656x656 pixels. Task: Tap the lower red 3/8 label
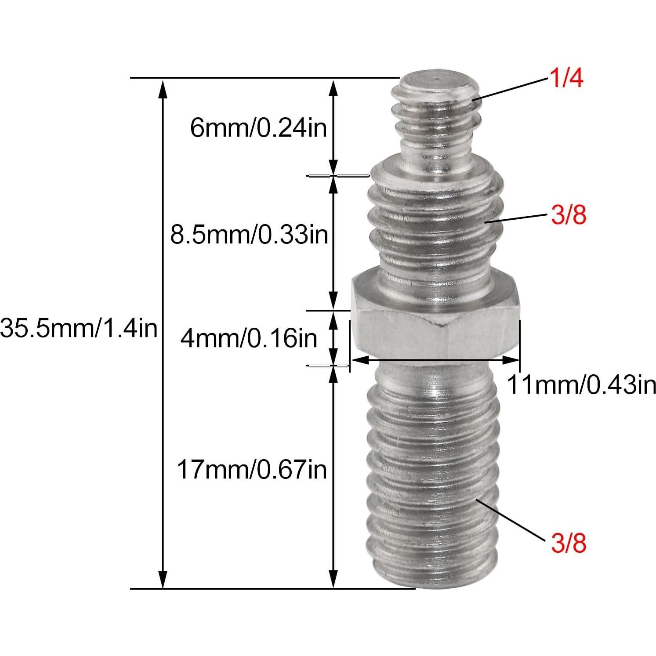tap(569, 543)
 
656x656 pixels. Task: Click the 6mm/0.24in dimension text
tap(259, 128)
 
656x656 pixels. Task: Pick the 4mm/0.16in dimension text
tap(249, 338)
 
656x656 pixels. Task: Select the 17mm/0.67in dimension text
tap(252, 469)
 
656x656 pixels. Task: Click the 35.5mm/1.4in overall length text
tap(79, 328)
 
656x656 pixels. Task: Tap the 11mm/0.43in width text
tap(581, 385)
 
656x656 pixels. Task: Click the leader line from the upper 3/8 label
tap(516, 218)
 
